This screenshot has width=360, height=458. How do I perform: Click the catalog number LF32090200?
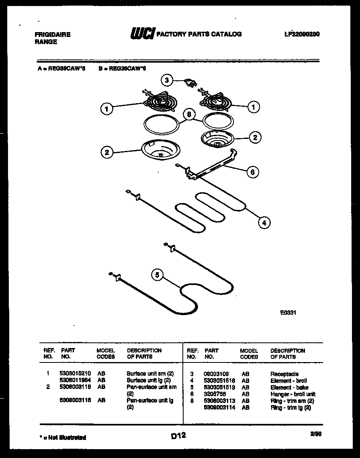[x=302, y=35]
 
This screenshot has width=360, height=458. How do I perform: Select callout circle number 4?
[x=264, y=223]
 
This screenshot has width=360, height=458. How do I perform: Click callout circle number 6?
[x=252, y=172]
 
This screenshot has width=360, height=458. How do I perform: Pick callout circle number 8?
[x=188, y=114]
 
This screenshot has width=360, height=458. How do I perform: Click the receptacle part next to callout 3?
[x=189, y=83]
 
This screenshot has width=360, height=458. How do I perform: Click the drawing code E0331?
[x=288, y=311]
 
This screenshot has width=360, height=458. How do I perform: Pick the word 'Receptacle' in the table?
[x=284, y=374]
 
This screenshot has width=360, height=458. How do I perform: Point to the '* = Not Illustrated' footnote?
[x=63, y=437]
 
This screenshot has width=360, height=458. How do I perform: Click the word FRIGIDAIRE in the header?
[x=53, y=35]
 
